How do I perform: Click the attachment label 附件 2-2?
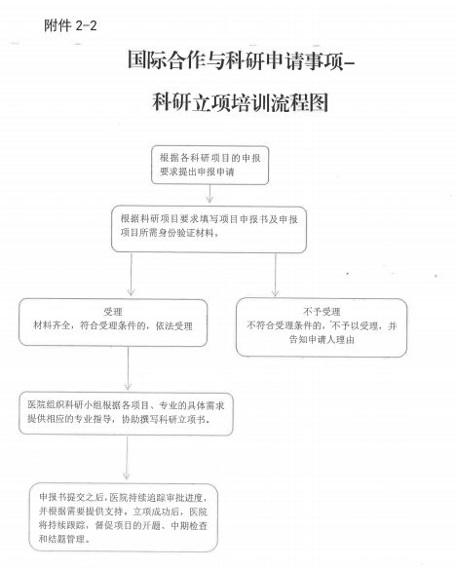[x=70, y=25]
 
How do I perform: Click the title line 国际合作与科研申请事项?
[x=236, y=60]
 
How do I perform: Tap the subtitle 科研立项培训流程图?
[x=240, y=102]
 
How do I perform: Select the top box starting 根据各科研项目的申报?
[x=210, y=165]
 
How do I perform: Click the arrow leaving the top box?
[x=209, y=194]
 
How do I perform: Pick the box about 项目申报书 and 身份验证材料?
[x=209, y=229]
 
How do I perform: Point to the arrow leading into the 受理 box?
[x=131, y=275]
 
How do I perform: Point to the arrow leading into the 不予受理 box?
[x=276, y=275]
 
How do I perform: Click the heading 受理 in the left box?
[x=113, y=312]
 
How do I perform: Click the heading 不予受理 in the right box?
[x=322, y=312]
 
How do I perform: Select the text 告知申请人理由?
[x=322, y=340]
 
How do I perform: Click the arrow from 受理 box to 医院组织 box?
[x=128, y=368]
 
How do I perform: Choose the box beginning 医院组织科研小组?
[x=126, y=413]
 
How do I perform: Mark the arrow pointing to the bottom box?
[x=127, y=457]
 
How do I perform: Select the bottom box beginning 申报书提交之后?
[x=124, y=517]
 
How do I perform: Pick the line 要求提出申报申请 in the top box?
[x=197, y=171]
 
